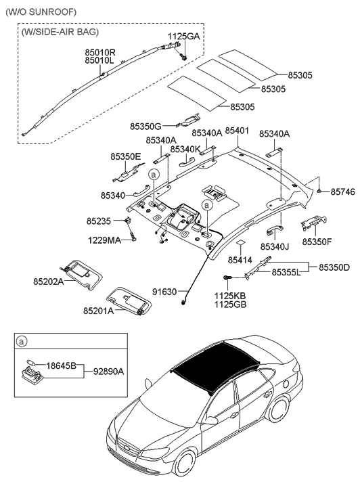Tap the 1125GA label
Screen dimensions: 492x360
[184, 35]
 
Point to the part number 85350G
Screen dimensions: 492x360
[145, 126]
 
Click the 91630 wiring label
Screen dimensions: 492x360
[164, 292]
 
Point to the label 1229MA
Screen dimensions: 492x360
[104, 240]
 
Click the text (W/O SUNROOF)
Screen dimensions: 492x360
[40, 12]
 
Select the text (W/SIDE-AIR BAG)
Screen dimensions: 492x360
[60, 32]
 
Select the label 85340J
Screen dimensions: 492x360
[274, 247]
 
